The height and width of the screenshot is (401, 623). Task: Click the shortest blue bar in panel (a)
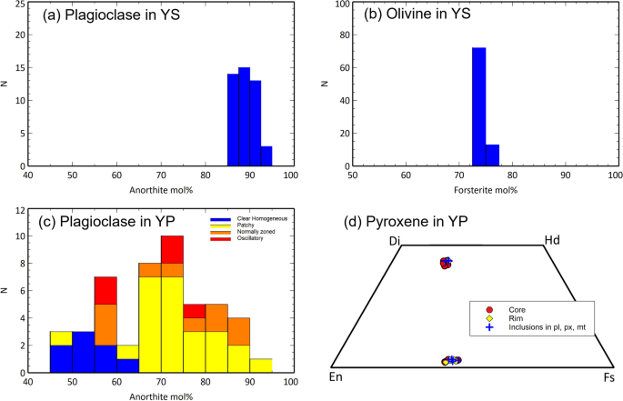pos(266,156)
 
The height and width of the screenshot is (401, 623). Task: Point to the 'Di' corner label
pos(393,240)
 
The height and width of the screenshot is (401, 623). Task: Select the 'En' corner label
pos(336,376)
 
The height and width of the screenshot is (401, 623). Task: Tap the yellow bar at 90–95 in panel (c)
pos(260,366)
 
